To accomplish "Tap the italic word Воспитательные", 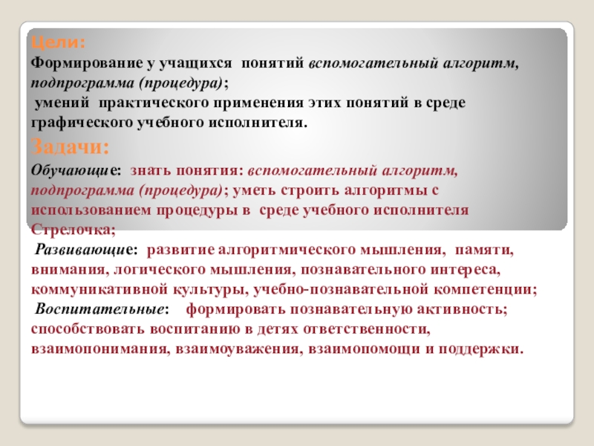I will (x=99, y=307).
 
